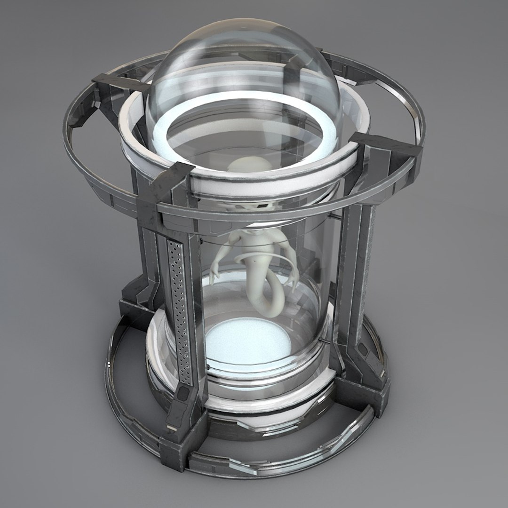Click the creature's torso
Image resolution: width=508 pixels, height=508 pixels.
tap(256, 245)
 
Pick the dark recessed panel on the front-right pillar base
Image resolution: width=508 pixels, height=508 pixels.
tap(365, 350)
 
